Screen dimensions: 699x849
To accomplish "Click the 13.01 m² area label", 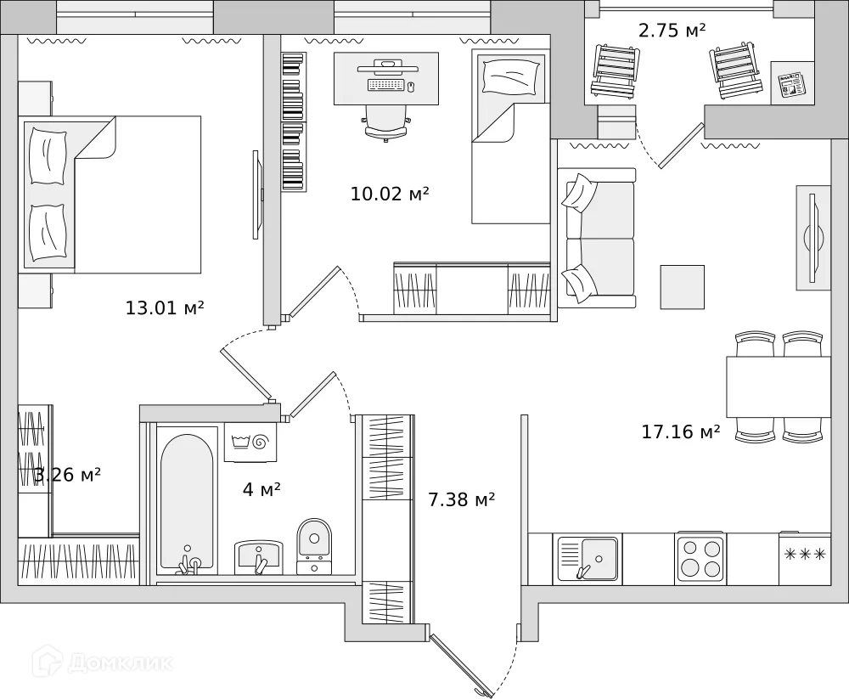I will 165,308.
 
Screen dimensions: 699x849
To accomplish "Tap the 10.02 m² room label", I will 390,194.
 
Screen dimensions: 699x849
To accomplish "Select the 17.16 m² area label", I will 681,432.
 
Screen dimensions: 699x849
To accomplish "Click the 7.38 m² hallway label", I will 461,499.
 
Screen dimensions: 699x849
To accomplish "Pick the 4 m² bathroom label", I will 261,489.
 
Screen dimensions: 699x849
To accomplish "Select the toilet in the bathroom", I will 314,544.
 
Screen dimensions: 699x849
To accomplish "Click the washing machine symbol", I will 250,442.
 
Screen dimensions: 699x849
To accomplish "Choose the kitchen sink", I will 588,558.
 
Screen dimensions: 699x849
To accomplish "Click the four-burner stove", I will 700,558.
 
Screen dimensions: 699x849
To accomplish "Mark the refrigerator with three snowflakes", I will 804,556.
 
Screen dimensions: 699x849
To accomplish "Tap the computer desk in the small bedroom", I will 386,77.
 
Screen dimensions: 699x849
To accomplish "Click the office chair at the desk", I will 386,122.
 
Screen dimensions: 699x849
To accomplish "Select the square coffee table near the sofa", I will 683,287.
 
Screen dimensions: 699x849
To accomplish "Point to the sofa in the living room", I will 597,238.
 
